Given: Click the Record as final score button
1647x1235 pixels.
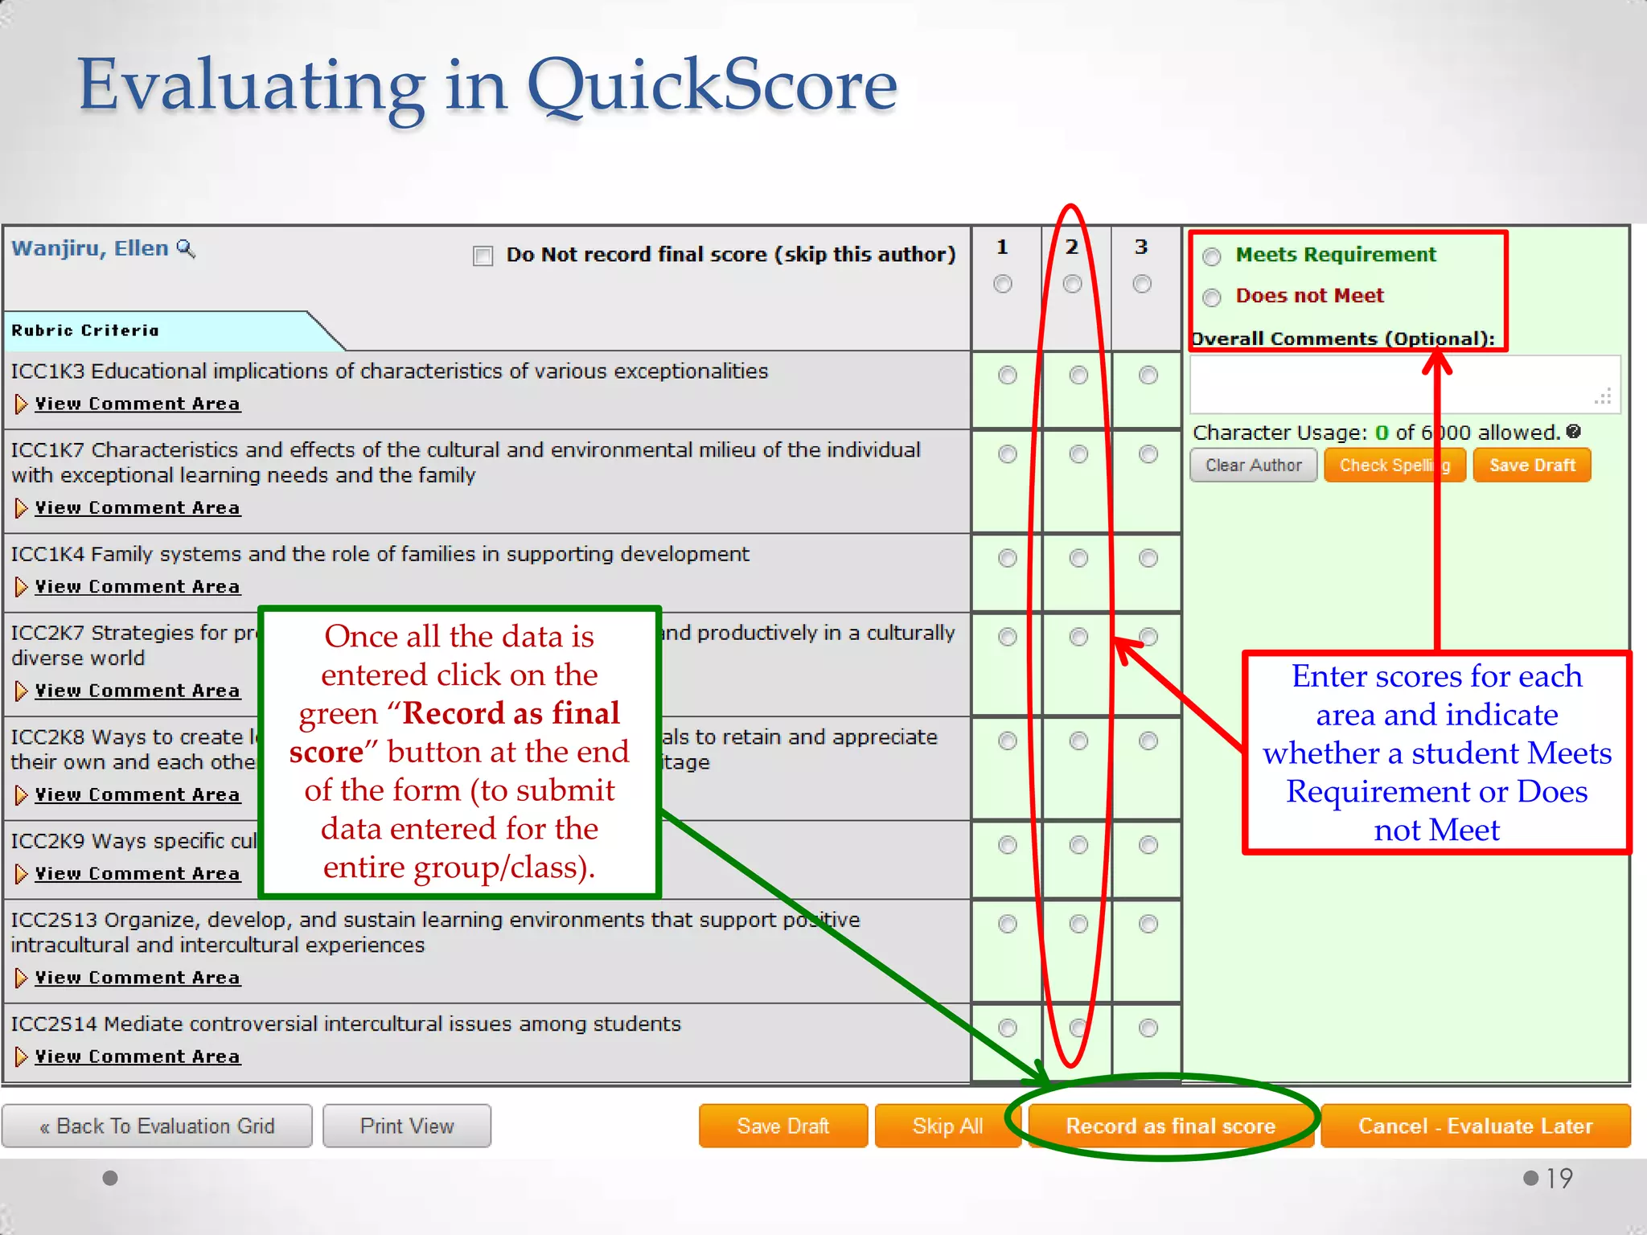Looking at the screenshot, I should coord(1170,1126).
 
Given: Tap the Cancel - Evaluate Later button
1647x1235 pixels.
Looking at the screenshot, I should coord(1475,1126).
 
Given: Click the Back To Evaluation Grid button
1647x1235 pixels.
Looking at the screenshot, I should coord(157,1126).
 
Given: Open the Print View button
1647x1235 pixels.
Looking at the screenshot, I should coord(407,1126).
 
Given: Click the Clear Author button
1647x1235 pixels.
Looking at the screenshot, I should coord(1253,466).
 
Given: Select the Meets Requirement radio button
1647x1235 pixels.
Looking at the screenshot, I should coord(1212,256).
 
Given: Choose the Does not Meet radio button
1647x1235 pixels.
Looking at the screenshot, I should coord(1212,297).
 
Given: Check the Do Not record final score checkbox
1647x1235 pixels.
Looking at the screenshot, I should coord(483,256).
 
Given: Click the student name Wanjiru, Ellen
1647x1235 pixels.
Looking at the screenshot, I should coord(90,248).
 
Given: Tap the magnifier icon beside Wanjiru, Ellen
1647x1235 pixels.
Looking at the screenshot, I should coord(186,248).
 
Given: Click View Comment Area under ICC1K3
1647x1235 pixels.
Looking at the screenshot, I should coord(137,404).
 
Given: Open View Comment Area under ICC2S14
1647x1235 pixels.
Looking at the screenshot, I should coord(137,1057).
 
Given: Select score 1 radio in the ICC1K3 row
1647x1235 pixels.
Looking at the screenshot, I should coord(1007,375).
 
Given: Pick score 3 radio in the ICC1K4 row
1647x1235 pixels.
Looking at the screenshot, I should coord(1148,558).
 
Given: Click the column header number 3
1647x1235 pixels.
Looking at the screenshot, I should coord(1141,247).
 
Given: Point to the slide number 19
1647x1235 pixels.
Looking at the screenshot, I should coord(1559,1179).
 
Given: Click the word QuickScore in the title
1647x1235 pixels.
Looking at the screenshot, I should coord(712,85).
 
